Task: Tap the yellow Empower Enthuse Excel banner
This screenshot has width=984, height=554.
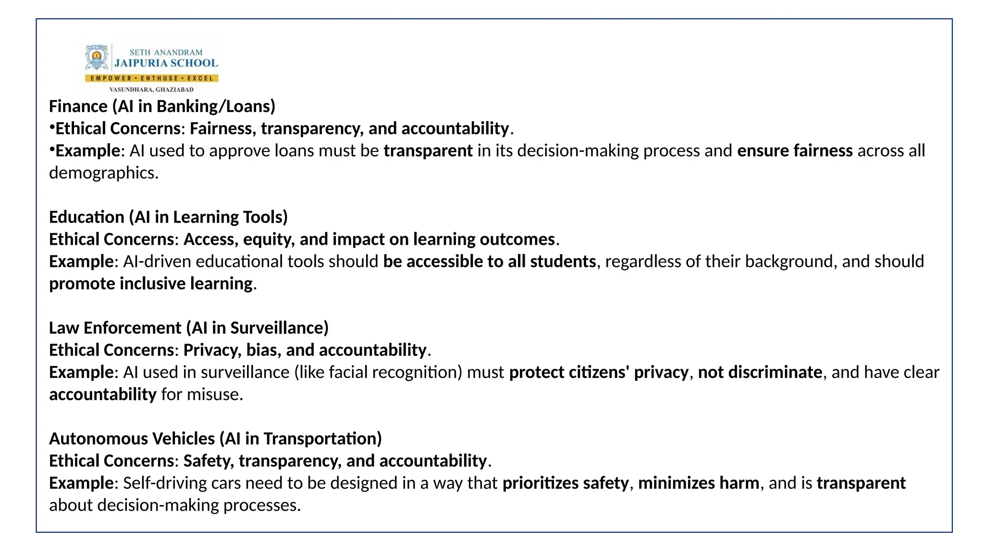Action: pyautogui.click(x=152, y=78)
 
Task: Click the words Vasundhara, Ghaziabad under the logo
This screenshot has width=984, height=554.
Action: pyautogui.click(x=151, y=89)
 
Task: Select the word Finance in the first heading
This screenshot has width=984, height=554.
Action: pyautogui.click(x=78, y=106)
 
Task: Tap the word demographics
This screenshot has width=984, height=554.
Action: pyautogui.click(x=103, y=173)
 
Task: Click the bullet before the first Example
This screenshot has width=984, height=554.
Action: pyautogui.click(x=52, y=150)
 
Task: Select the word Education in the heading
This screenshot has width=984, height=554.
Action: pyautogui.click(x=86, y=217)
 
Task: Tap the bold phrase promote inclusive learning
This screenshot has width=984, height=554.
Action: pyautogui.click(x=151, y=284)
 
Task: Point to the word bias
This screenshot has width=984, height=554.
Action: pyautogui.click(x=262, y=350)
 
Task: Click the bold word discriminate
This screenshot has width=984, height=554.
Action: pyautogui.click(x=775, y=372)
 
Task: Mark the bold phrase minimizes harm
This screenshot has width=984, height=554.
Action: pyautogui.click(x=699, y=483)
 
